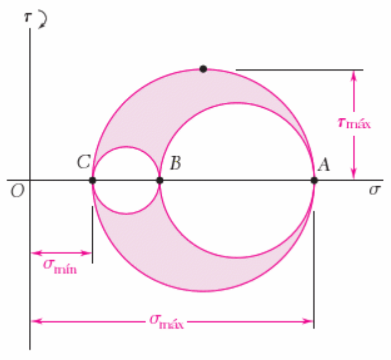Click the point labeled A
point(314,180)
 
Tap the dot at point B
point(160,180)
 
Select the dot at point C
point(92,180)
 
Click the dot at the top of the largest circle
point(203,68)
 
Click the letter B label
point(175,164)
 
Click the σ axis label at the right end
point(374,190)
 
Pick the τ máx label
point(354,124)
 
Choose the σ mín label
point(60,266)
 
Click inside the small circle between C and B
point(126,180)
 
